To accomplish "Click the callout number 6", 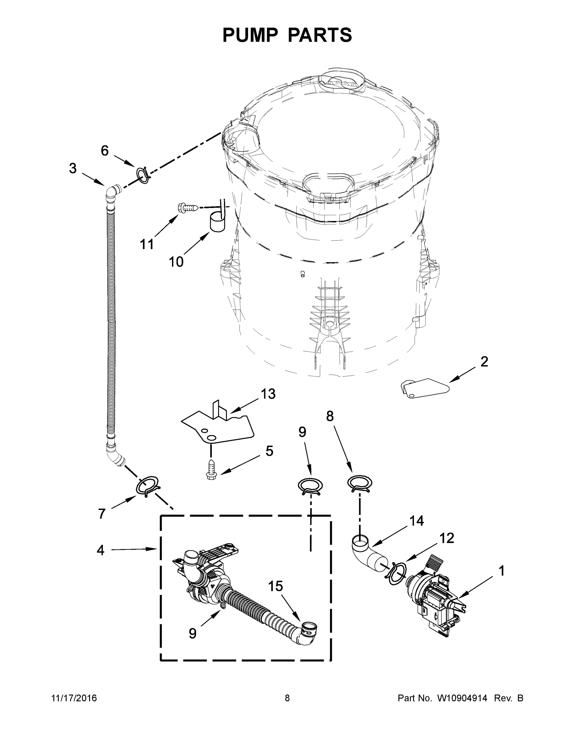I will (x=105, y=151).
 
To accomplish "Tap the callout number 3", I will (x=73, y=168).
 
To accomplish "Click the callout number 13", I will (x=268, y=394).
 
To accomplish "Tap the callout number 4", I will (x=100, y=550).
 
